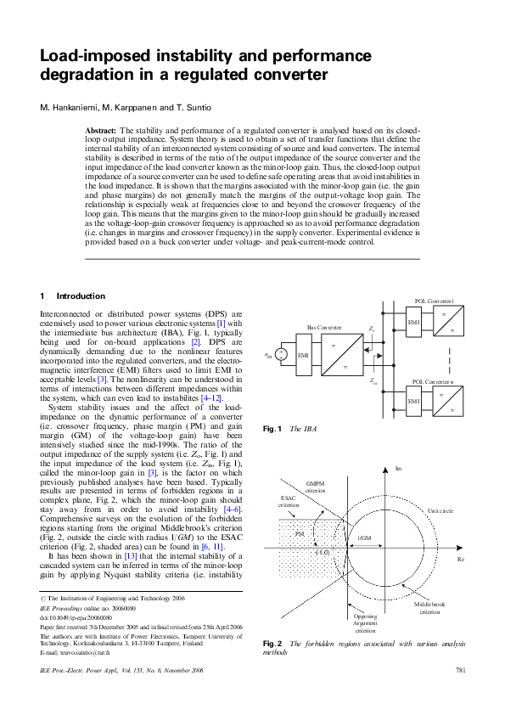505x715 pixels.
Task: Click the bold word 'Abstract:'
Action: [101, 130]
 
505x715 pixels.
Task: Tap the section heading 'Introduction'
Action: [81, 296]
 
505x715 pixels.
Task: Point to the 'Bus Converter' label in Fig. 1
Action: [324, 326]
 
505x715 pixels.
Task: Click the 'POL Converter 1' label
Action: [434, 301]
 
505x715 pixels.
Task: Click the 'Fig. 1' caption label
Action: [272, 429]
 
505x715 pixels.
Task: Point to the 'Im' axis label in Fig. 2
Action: [398, 468]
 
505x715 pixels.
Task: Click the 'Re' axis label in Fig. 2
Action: [461, 560]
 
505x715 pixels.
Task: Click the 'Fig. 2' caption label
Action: [272, 645]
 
